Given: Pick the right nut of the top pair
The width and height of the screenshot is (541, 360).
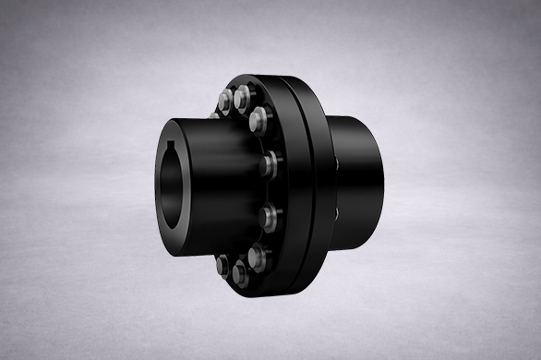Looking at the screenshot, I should coord(244,95).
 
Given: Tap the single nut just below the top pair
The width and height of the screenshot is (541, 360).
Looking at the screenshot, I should coord(259,118).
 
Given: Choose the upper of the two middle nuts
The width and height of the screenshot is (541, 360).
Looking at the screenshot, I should coord(269,164).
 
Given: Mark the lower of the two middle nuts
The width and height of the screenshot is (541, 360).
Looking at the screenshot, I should coord(269,219).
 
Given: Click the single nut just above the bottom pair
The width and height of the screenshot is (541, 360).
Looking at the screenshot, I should coord(258,254).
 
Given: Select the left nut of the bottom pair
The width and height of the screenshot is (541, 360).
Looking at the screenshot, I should coord(223,267).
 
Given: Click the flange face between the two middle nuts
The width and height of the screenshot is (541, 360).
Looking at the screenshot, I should coord(268,192).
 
